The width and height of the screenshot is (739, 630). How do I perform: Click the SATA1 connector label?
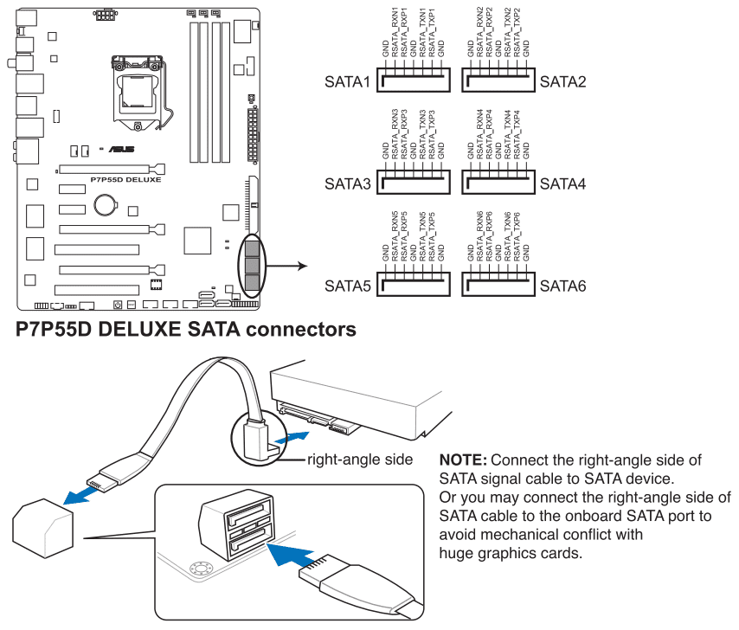(347, 82)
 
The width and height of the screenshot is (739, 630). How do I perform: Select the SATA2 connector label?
(563, 82)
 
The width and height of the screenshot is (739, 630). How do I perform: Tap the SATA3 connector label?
(347, 184)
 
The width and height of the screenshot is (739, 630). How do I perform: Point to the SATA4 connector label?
(563, 184)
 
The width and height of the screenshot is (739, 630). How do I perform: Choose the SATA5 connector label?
(347, 285)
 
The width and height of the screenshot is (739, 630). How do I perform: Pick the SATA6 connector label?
(563, 285)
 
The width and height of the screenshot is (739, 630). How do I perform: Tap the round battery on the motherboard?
(105, 204)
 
